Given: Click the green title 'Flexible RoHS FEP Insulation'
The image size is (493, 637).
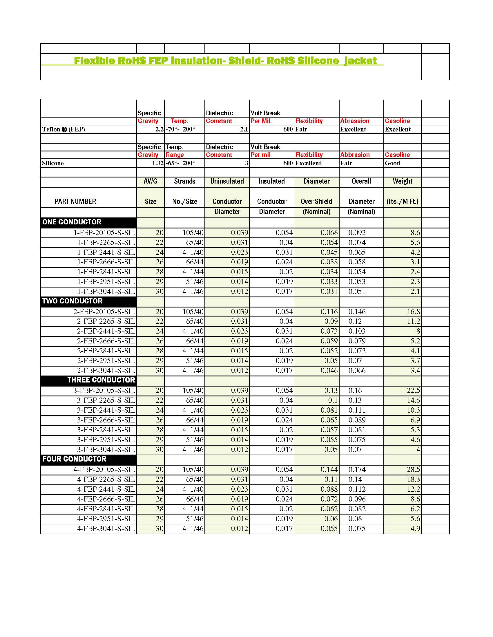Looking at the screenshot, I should pos(225,61).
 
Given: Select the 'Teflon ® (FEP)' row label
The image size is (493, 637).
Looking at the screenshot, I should pos(64,129).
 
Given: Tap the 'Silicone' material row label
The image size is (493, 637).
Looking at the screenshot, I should pos(53,163).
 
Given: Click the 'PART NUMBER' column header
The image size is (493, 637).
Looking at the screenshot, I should pos(75,201).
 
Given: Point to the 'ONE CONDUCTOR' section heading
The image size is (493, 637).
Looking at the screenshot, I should pos(72,222).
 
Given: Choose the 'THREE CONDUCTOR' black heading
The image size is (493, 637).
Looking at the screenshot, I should pos(101,380).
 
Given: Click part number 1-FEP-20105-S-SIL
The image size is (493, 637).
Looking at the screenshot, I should pos(104,233).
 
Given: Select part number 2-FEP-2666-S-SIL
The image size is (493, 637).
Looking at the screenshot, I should pos(106,341).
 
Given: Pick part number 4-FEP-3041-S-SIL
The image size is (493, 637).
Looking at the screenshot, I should pos(106,528).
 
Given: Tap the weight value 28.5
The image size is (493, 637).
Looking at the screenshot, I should pos(413,470).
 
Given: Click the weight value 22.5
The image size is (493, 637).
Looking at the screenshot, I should pos(413,391).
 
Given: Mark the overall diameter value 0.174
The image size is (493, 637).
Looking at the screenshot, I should pos(357,470).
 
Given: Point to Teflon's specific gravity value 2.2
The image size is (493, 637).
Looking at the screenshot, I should pos(159,129).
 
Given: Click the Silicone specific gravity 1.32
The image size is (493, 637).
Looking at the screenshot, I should pos(157,163).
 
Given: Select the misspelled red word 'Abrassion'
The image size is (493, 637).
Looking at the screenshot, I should pos(355,121).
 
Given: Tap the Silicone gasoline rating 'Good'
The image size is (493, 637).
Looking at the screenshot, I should pos(392,163).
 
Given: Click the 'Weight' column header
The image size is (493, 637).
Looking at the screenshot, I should pos(402,181).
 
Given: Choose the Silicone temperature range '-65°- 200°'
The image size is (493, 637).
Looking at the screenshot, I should pos(180,163).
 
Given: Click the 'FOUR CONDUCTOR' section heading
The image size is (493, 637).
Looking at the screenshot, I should pos(75,459).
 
